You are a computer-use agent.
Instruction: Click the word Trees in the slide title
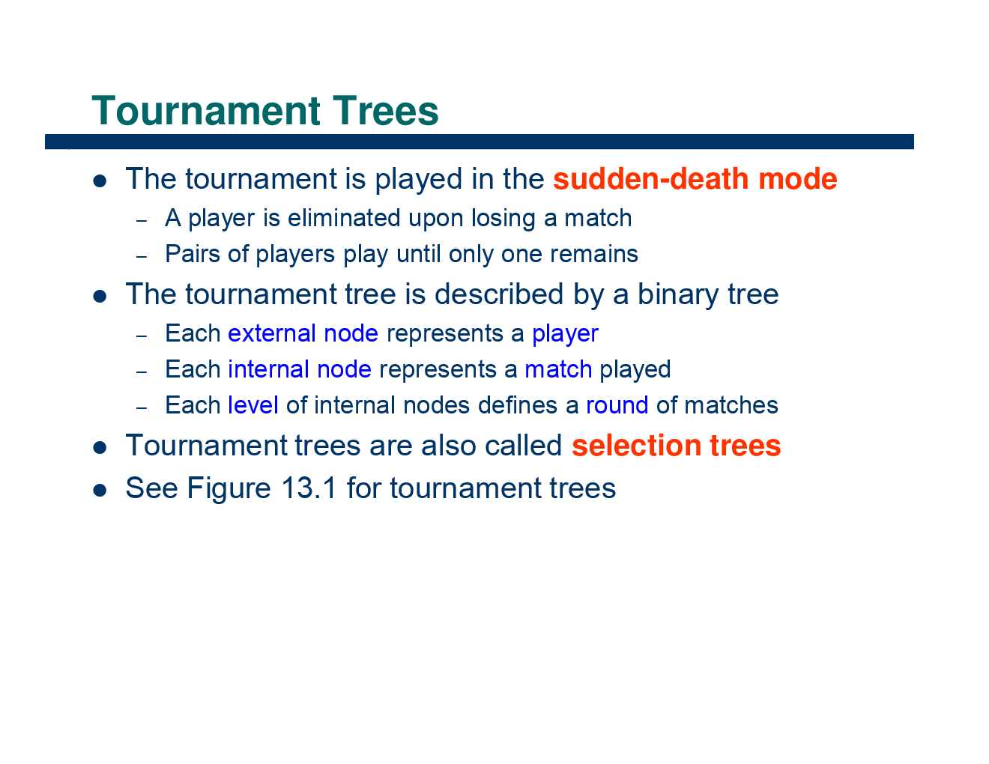pos(386,111)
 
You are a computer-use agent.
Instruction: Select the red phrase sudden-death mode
pos(695,179)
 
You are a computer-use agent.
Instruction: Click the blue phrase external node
pos(303,333)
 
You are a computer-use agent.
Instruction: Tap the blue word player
pos(565,334)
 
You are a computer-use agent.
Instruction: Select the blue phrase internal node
pos(300,369)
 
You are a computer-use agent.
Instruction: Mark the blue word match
pos(558,369)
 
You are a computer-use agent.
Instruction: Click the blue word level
pos(253,405)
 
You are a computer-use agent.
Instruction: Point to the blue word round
pos(617,405)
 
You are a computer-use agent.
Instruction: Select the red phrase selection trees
pos(676,446)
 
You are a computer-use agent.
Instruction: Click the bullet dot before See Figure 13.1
pos(100,490)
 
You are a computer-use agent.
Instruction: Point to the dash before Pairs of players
pos(141,256)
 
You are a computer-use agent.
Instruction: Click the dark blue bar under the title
pos(480,142)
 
